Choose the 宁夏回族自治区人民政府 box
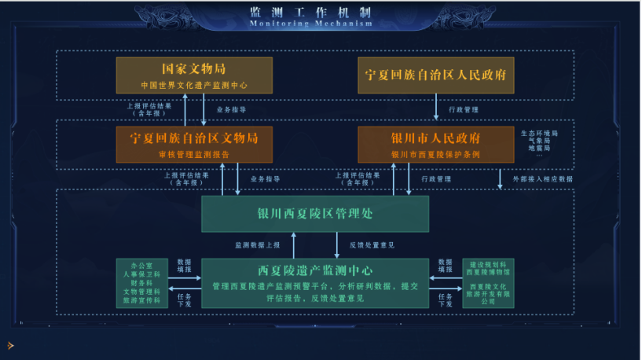point(436,75)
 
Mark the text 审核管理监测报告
point(194,154)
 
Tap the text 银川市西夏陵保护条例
point(436,154)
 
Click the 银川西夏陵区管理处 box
point(315,214)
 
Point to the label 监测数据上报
point(258,244)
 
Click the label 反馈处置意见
point(372,244)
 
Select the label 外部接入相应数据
point(543,178)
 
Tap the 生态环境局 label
point(539,133)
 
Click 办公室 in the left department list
point(142,265)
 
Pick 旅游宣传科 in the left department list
point(142,300)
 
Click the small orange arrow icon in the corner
point(10,344)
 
